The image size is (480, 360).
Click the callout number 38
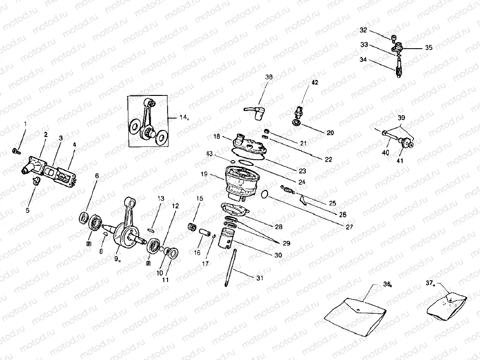pos(269,77)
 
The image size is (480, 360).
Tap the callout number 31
pos(260,278)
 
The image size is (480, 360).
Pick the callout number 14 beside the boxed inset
pos(183,117)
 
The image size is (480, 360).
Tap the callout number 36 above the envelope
pos(387,284)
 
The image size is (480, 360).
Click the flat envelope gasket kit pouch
pos(357,313)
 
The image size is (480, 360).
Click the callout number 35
pos(428,48)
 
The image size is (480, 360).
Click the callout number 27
pos(349,227)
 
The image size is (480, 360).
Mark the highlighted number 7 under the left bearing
pos(88,244)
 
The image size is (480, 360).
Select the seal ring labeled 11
pos(171,254)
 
